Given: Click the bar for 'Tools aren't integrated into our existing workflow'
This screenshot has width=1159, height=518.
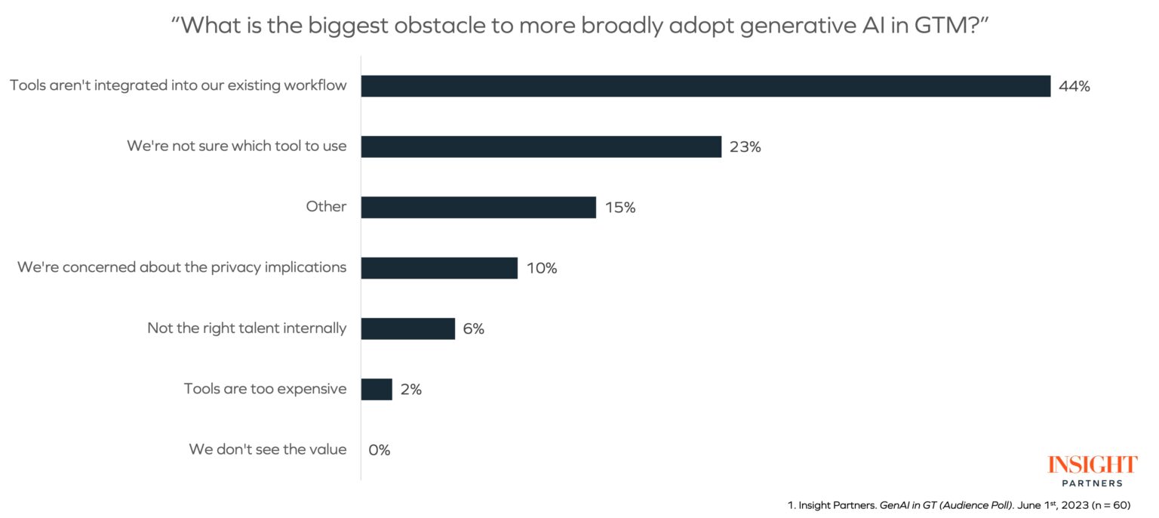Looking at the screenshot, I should point(706,86).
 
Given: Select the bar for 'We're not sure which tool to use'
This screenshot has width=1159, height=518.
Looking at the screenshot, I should point(541,146).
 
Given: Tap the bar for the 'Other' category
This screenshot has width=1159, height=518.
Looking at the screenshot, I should point(478,208).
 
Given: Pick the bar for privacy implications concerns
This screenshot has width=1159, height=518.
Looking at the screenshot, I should point(439,268).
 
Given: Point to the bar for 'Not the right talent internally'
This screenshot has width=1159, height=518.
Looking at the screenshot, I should point(408,328).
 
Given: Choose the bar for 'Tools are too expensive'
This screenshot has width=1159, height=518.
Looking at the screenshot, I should point(377,390).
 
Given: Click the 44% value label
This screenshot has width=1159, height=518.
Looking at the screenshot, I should point(1074,86).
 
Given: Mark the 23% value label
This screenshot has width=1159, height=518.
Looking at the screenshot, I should point(746,147).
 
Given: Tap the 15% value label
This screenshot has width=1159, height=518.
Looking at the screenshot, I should point(619,208).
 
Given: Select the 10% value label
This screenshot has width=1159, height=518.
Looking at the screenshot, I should point(542,268).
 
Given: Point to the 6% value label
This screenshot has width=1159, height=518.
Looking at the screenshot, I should point(474,329).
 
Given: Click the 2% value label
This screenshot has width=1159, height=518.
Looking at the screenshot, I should point(410,390).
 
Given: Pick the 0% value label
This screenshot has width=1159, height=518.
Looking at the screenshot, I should point(380,450).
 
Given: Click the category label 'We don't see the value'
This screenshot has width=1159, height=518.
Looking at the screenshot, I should point(268,450).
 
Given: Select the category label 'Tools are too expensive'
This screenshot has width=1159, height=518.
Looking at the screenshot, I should point(266,389).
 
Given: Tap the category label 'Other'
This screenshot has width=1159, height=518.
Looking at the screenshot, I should point(326,207).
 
